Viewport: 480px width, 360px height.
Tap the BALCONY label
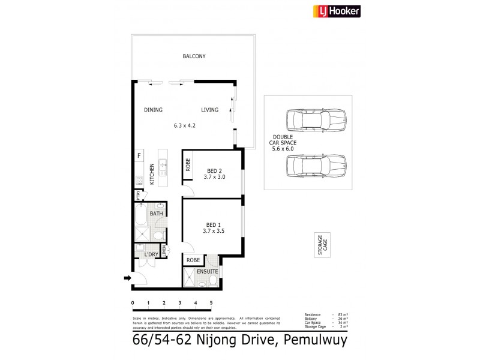pyautogui.click(x=194, y=56)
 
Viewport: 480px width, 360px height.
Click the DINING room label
pyautogui.click(x=153, y=110)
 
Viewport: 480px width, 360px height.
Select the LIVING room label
pyautogui.click(x=209, y=110)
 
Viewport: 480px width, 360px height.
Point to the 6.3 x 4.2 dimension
pyautogui.click(x=185, y=125)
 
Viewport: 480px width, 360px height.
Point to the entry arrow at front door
pyautogui.click(x=128, y=278)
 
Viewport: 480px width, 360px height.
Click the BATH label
pyautogui.click(x=156, y=214)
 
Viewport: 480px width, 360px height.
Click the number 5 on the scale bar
pyautogui.click(x=211, y=302)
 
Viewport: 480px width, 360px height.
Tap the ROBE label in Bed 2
pyautogui.click(x=188, y=165)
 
